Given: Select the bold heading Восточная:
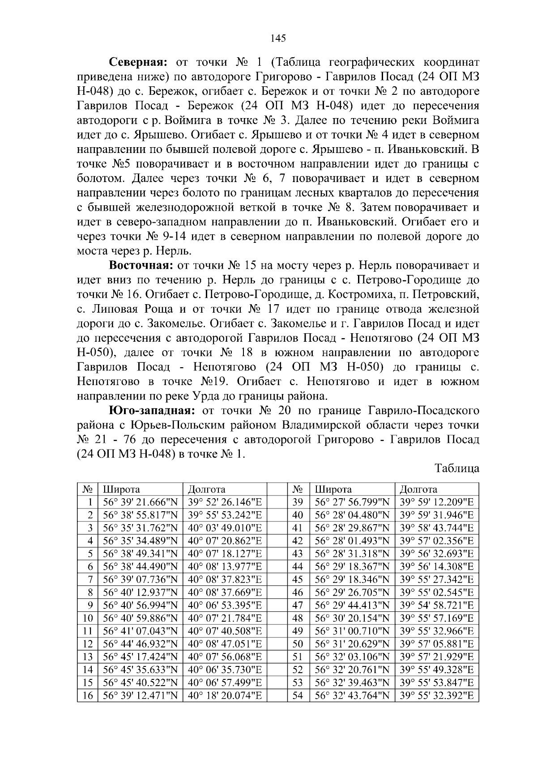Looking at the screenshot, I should coord(141,265).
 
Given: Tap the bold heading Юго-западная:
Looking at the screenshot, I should coord(153,410).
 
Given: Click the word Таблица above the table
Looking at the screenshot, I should coord(456,468).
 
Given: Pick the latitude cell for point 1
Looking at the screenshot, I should coord(140,502).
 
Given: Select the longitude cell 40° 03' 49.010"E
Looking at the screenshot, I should coord(225,528).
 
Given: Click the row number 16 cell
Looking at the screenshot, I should coord(88,695).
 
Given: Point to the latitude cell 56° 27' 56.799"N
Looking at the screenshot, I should coord(352,502).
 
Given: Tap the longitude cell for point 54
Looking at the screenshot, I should coord(436,695).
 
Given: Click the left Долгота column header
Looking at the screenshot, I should coord(206,489).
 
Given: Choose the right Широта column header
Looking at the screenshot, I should coord(333,489).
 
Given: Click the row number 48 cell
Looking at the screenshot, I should coord(298,618).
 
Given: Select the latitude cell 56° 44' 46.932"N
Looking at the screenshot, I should coord(140,644).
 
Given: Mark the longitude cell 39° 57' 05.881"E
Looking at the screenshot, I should coord(436,644).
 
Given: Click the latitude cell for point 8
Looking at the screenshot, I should coord(140,593).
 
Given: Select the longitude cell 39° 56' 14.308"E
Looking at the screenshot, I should coord(436,567).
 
